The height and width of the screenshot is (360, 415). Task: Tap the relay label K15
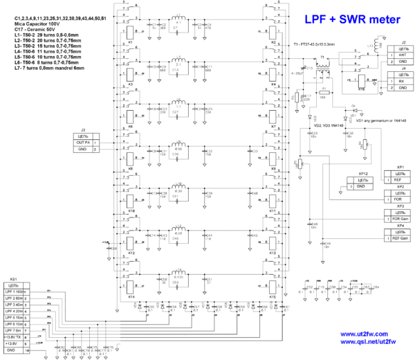(273, 296)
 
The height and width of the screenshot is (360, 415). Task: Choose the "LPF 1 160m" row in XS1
(14, 291)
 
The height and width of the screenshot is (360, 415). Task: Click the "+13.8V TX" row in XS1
(14, 337)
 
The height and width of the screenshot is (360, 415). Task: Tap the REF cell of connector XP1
(396, 179)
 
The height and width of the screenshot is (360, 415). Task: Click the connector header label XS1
(15, 278)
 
